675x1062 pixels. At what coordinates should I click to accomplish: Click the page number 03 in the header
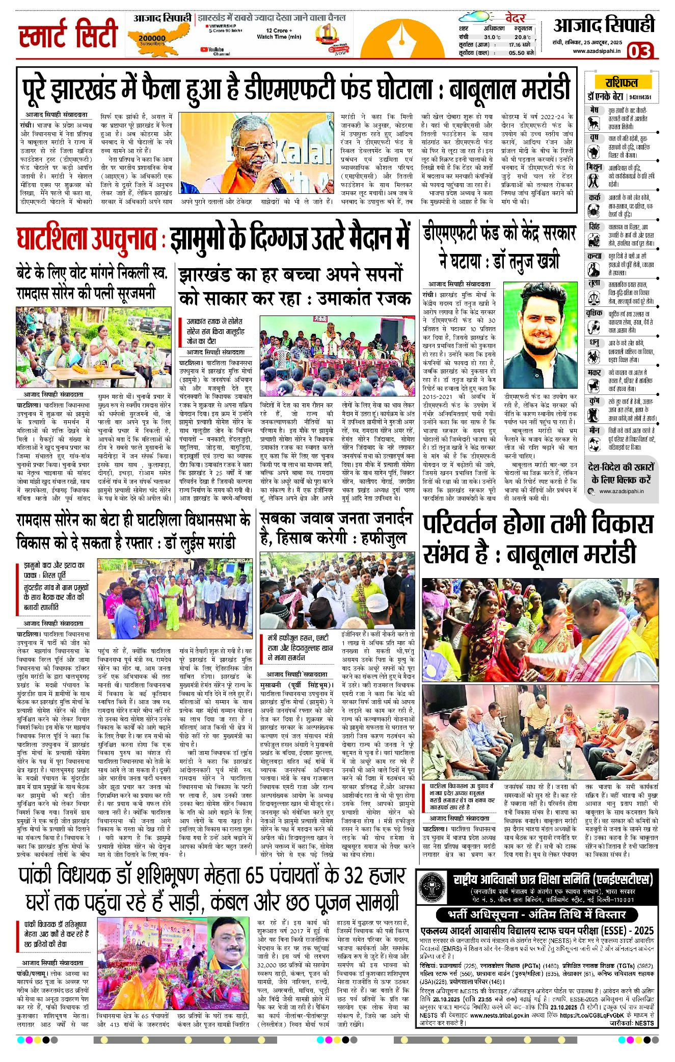(639, 51)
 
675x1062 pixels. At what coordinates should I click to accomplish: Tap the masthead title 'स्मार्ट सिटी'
(68, 35)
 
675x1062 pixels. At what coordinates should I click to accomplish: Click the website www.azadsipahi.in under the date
(597, 50)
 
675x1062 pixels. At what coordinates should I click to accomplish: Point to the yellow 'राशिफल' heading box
(621, 82)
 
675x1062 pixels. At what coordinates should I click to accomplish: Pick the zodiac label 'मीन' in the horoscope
(594, 430)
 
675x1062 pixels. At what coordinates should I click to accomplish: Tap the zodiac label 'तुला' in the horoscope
(594, 283)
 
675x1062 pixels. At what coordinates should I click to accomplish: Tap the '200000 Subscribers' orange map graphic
(152, 38)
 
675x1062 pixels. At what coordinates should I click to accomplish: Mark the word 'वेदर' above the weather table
(515, 18)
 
